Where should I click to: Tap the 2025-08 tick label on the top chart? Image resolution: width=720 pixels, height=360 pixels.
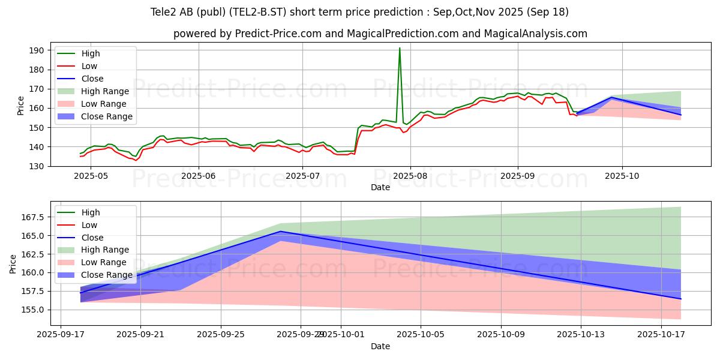click(410, 176)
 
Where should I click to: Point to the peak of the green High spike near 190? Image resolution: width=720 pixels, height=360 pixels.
click(400, 48)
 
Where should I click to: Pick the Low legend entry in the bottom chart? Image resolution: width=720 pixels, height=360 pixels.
click(89, 225)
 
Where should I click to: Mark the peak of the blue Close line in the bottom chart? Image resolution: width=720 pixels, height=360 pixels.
click(280, 232)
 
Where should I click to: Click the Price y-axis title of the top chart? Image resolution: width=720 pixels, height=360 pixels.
click(21, 106)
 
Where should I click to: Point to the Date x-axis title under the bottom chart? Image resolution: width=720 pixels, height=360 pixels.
click(380, 346)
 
